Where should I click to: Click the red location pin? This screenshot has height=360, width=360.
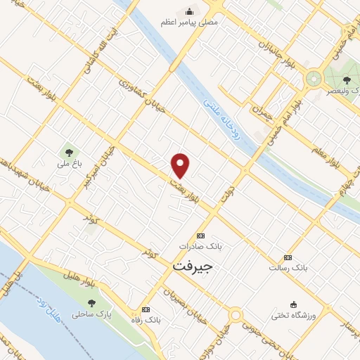coord(181,165)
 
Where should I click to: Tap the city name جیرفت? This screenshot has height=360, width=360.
coord(192,267)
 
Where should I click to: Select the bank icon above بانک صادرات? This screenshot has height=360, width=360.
coord(200,236)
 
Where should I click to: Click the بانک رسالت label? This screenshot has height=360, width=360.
coord(288,268)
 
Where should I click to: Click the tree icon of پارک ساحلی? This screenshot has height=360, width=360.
coord(91,303)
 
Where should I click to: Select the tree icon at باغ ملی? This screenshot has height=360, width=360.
coord(69,151)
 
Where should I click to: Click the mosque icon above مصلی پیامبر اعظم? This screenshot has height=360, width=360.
coord(189,11)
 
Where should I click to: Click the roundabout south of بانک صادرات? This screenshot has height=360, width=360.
coord(236,315)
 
